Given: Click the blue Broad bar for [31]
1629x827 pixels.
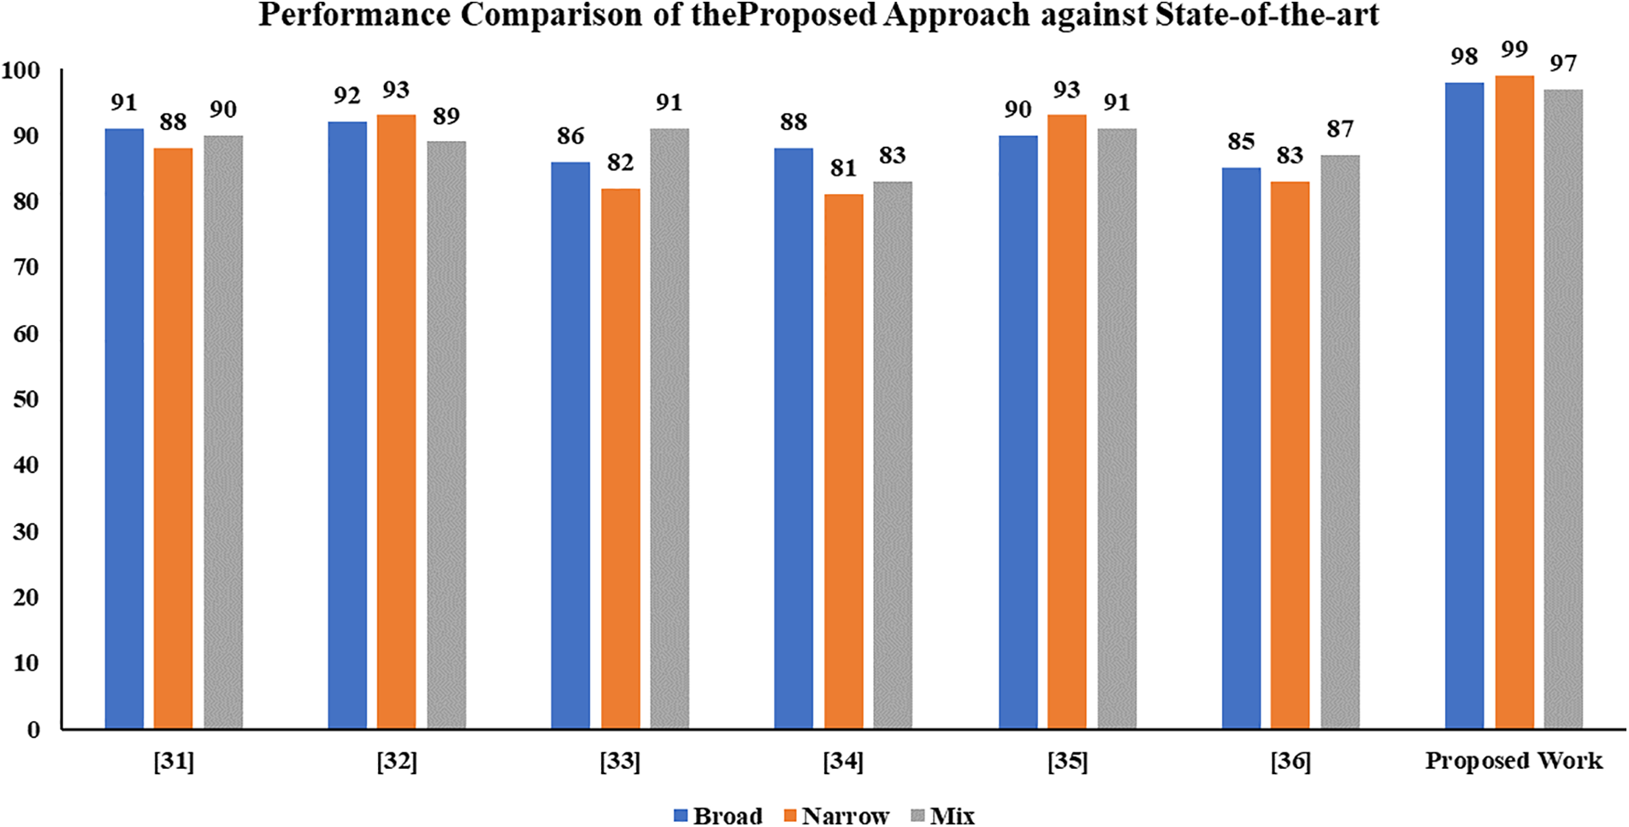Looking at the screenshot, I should click(124, 428).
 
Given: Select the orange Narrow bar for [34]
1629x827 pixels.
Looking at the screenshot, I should click(843, 462).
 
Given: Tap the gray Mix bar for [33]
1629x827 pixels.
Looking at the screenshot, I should click(670, 428).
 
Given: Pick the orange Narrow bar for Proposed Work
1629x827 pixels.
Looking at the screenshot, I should click(1514, 402).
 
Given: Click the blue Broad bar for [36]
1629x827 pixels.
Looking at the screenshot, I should click(1241, 449).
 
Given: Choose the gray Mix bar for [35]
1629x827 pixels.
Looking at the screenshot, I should click(1117, 428).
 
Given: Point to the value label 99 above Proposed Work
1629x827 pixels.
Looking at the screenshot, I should click(1514, 50).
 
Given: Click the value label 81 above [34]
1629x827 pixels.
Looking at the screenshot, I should click(843, 168).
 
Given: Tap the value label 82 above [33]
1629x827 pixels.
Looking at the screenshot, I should click(620, 162).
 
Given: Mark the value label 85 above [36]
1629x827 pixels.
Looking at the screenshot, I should click(1241, 141).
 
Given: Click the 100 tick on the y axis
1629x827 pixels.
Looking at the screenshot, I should click(21, 71).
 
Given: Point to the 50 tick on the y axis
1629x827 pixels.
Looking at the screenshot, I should click(27, 400).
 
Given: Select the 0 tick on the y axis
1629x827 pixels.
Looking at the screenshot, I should click(33, 730).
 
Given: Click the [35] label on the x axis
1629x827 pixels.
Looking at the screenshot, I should click(1067, 761).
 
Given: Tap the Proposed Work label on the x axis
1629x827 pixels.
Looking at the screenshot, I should click(1514, 761).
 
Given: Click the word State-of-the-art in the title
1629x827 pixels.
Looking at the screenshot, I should click(1266, 15).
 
